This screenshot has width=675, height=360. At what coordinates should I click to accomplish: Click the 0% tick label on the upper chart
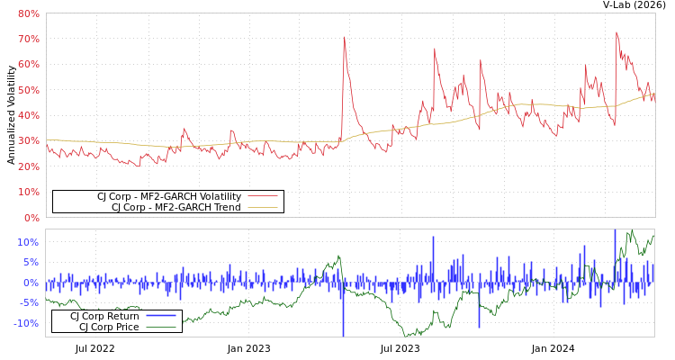[x=31, y=218]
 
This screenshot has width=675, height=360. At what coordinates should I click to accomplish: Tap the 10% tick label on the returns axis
[x=28, y=242]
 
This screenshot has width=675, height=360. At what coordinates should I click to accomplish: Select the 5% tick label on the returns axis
[x=31, y=263]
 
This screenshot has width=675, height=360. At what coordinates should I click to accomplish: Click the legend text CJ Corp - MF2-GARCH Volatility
[x=169, y=196]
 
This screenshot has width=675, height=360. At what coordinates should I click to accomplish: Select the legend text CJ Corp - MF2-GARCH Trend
[x=176, y=207]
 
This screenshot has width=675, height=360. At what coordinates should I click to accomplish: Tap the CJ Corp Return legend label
[x=104, y=316]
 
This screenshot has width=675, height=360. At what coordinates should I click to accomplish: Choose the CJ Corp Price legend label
[x=109, y=327]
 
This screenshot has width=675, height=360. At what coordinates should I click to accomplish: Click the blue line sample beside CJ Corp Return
[x=160, y=316]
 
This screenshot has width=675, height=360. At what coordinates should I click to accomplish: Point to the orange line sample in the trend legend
[x=263, y=207]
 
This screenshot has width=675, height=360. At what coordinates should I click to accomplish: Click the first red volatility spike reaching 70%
[x=344, y=38]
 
